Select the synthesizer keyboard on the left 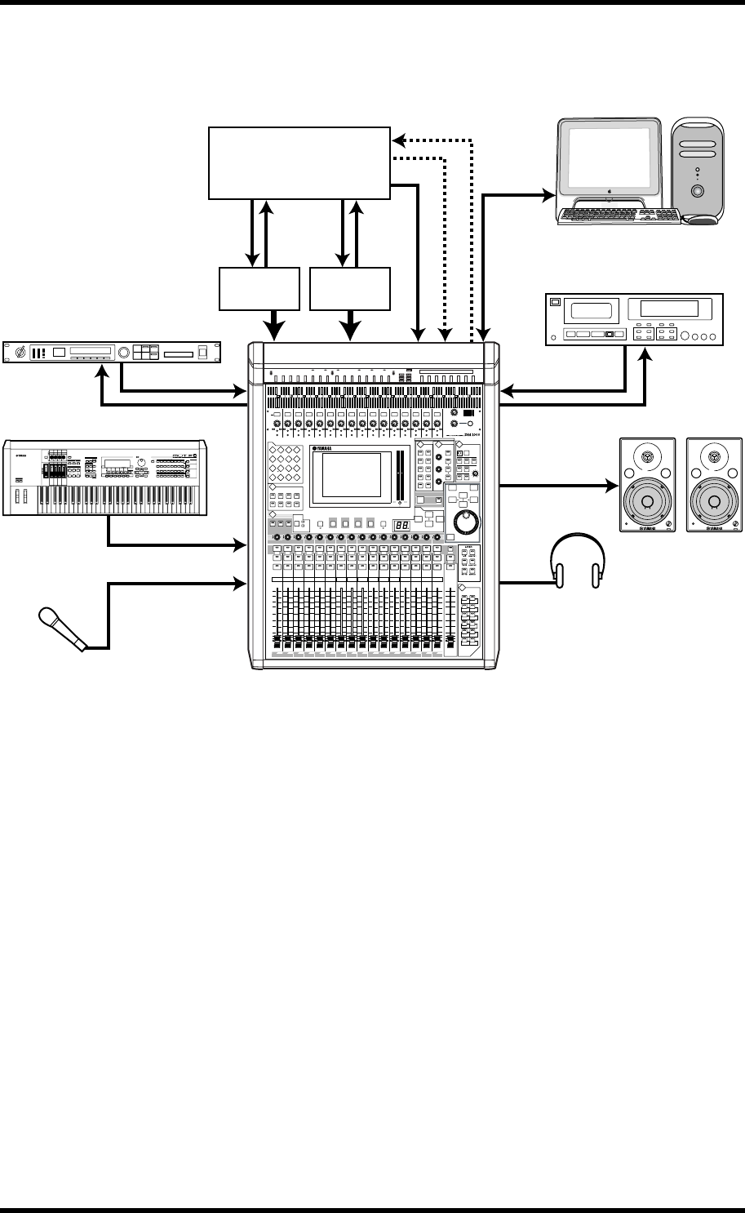pyautogui.click(x=107, y=478)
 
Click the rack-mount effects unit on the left pyautogui.click(x=111, y=353)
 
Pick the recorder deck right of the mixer pyautogui.click(x=633, y=320)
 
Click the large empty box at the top pyautogui.click(x=299, y=162)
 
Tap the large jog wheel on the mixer pyautogui.click(x=466, y=520)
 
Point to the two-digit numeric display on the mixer pyautogui.click(x=401, y=525)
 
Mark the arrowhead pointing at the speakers pyautogui.click(x=610, y=487)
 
